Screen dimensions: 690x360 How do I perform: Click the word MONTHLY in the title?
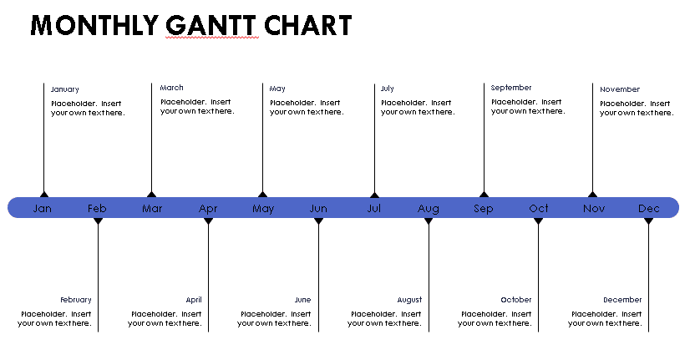pyautogui.click(x=94, y=25)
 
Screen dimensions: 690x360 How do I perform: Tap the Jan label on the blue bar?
pyautogui.click(x=43, y=208)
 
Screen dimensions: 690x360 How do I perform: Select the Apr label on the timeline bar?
pyautogui.click(x=208, y=209)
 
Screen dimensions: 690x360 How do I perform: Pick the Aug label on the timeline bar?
pyautogui.click(x=429, y=209)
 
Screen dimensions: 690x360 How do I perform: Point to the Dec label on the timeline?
pyautogui.click(x=648, y=208)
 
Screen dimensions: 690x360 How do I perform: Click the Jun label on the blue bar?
pyautogui.click(x=318, y=208)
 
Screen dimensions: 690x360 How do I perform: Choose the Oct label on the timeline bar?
pyautogui.click(x=539, y=208)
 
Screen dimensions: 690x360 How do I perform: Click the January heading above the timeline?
pyautogui.click(x=64, y=89)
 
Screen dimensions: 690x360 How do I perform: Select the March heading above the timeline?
pyautogui.click(x=171, y=88)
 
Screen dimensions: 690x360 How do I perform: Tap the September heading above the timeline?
pyautogui.click(x=511, y=88)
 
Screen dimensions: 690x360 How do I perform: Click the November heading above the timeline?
pyautogui.click(x=620, y=89)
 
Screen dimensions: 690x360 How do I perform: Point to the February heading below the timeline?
pyautogui.click(x=76, y=300)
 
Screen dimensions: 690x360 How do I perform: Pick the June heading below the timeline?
pyautogui.click(x=302, y=300)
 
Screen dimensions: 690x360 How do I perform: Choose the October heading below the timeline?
pyautogui.click(x=515, y=300)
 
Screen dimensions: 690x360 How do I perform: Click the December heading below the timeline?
pyautogui.click(x=622, y=300)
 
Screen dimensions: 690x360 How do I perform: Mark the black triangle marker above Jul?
pyautogui.click(x=374, y=195)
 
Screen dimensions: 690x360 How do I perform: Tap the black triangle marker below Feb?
pyautogui.click(x=98, y=221)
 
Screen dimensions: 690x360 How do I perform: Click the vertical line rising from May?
pyautogui.click(x=262, y=138)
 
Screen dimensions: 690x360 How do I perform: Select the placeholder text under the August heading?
pyautogui.click(x=384, y=318)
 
